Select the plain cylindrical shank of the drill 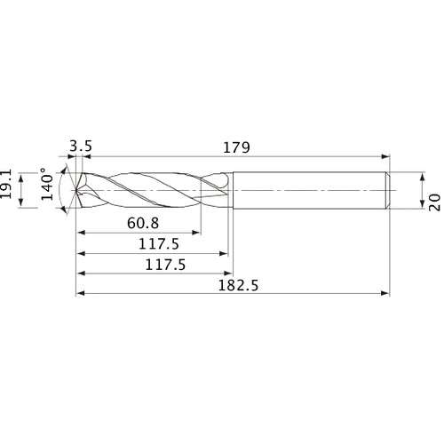pyautogui.click(x=306, y=190)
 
